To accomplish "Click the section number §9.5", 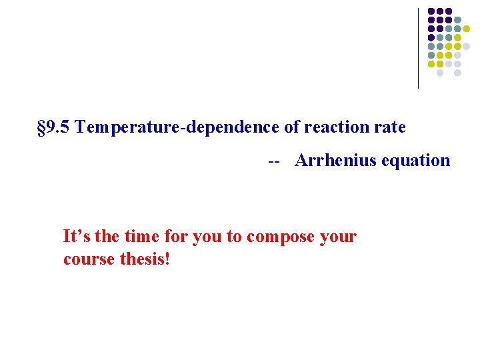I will (54, 127).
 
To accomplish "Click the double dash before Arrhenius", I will (273, 161).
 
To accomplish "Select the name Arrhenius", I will (335, 161).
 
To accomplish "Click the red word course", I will (86, 259).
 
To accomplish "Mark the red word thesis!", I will (143, 258).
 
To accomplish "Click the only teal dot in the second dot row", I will (457, 20).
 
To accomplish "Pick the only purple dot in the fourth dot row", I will (431, 37).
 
